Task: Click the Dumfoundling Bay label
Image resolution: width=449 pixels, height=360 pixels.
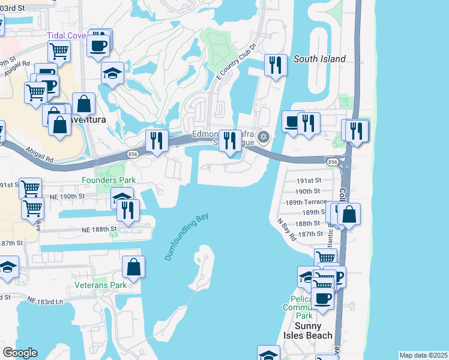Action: click(x=187, y=236)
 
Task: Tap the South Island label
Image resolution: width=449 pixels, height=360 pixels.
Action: click(x=319, y=59)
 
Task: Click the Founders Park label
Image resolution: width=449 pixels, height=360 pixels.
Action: click(x=109, y=180)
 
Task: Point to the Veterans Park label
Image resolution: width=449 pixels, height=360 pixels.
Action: click(x=101, y=285)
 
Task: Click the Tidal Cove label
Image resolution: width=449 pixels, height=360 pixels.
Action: click(x=67, y=35)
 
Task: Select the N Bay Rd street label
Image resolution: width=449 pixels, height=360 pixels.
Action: click(x=287, y=229)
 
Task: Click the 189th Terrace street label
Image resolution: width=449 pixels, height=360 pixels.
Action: click(x=306, y=202)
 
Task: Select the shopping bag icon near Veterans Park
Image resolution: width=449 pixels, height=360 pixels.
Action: click(x=134, y=266)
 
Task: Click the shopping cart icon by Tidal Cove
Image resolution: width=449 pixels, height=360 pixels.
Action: click(x=59, y=51)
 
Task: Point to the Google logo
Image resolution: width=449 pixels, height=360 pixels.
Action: click(x=20, y=353)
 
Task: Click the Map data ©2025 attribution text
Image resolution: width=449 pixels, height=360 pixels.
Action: click(x=423, y=355)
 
